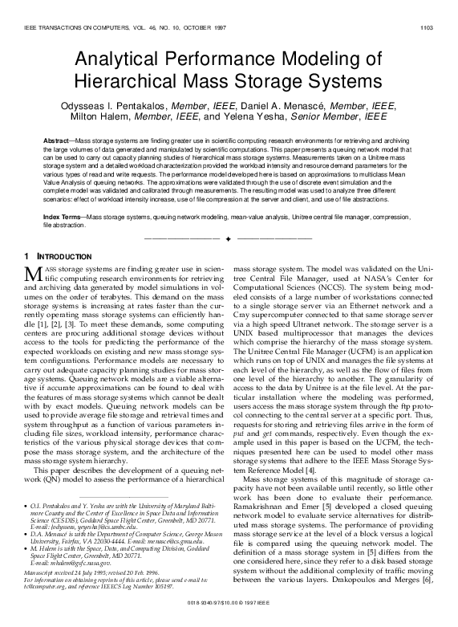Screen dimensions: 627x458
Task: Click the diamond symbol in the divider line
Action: (229, 239)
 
